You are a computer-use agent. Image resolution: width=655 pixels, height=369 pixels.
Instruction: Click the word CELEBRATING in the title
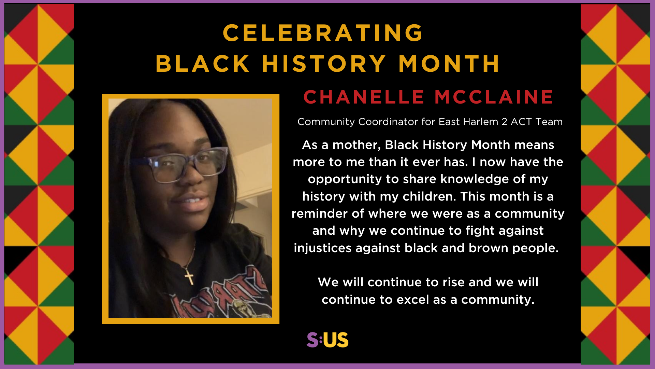(x=323, y=33)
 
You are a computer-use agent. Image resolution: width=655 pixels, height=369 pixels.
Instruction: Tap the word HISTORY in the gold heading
(x=324, y=64)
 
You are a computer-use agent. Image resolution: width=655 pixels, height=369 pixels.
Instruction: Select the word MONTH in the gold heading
(x=449, y=64)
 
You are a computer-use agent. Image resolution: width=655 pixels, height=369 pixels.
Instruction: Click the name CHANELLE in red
(x=364, y=97)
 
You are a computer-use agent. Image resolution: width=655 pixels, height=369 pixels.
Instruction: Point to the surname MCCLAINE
(x=494, y=97)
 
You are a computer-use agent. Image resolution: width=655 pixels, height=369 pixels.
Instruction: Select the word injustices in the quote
(x=322, y=248)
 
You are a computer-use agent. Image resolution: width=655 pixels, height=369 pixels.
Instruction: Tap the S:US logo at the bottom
(x=327, y=340)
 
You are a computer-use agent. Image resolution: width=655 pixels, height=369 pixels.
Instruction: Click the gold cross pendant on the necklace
(x=189, y=276)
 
